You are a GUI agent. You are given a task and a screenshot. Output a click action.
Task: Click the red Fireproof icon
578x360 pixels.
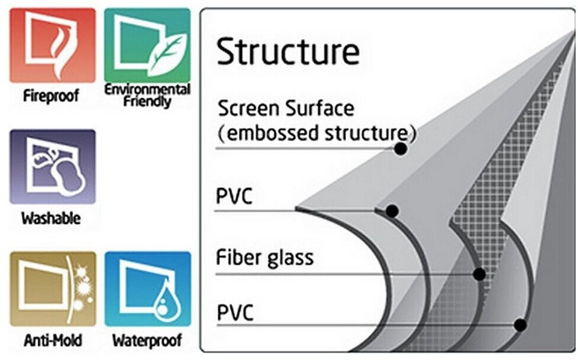click(x=52, y=46)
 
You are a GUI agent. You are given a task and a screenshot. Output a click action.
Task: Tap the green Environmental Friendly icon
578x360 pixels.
click(x=147, y=45)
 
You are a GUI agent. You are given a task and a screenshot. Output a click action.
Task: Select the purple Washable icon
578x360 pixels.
click(x=52, y=166)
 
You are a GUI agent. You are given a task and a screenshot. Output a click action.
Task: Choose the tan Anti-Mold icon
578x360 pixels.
click(x=52, y=288)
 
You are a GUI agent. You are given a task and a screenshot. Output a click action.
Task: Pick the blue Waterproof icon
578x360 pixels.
click(x=147, y=288)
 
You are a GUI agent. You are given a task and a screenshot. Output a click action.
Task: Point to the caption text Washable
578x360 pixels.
click(x=51, y=219)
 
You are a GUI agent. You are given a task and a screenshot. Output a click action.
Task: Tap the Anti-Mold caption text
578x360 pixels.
click(x=53, y=340)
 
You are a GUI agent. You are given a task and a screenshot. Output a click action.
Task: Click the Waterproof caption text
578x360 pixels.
click(x=147, y=340)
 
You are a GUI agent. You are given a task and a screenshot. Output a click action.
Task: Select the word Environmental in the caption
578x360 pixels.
click(x=147, y=89)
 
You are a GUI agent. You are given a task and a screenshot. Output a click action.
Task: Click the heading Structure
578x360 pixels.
click(x=288, y=53)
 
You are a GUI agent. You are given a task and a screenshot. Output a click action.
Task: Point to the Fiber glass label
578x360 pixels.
click(x=264, y=258)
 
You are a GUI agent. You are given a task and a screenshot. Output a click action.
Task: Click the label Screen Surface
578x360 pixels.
click(x=286, y=109)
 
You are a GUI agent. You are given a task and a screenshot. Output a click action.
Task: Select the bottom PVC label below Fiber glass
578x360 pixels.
click(x=234, y=313)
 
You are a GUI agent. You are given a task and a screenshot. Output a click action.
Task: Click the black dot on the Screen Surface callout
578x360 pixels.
click(x=401, y=149)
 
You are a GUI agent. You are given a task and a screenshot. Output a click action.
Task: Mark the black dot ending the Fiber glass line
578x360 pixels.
click(x=479, y=274)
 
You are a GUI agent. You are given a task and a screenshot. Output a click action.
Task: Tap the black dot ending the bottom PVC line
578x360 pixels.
click(x=520, y=325)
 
